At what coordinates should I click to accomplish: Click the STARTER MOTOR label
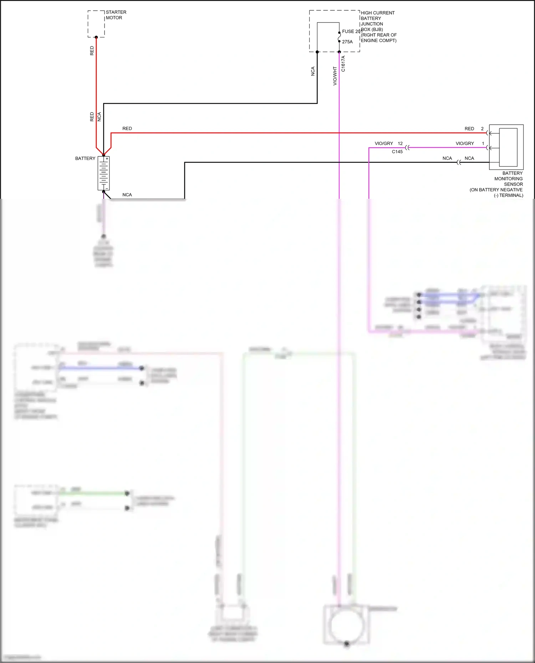[116, 15]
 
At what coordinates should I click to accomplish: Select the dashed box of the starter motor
[96, 24]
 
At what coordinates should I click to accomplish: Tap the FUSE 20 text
[351, 31]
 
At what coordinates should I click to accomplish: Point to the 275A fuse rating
[347, 42]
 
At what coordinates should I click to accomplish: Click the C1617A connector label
[343, 64]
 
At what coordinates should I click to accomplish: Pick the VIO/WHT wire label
[335, 76]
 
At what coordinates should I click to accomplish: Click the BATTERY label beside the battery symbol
[85, 159]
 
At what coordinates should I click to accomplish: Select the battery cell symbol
[103, 173]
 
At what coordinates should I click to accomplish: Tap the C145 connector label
[397, 152]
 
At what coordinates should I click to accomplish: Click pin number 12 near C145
[400, 144]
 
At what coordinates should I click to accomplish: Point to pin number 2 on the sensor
[482, 129]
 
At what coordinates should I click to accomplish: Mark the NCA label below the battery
[127, 195]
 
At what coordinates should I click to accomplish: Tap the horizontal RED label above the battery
[127, 129]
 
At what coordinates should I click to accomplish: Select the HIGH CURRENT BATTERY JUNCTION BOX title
[378, 26]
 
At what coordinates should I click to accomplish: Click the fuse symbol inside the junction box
[339, 37]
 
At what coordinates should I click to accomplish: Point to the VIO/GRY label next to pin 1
[465, 144]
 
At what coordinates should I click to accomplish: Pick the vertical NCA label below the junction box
[313, 71]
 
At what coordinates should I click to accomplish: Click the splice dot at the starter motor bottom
[96, 37]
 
